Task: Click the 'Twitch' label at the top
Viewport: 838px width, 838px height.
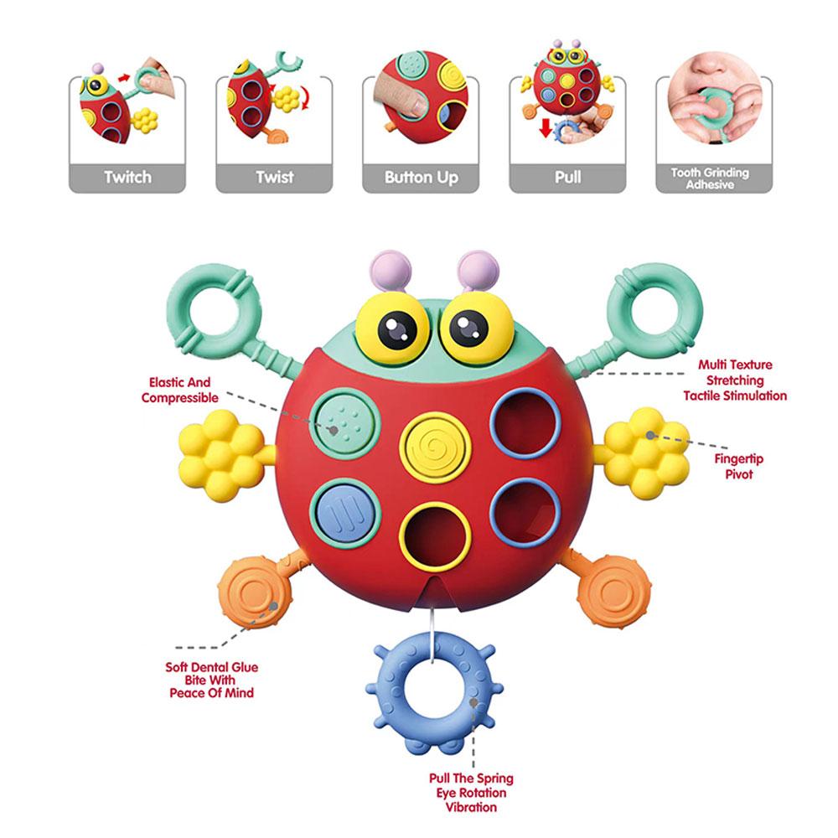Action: (127, 177)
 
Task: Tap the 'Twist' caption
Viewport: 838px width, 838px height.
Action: (274, 177)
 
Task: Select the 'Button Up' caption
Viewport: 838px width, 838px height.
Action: (421, 177)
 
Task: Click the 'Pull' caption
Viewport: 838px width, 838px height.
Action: (567, 177)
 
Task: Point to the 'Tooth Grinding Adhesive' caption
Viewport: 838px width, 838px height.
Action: (709, 178)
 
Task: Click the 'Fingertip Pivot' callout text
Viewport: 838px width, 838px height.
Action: (738, 467)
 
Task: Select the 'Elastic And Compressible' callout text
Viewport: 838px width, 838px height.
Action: (180, 390)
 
